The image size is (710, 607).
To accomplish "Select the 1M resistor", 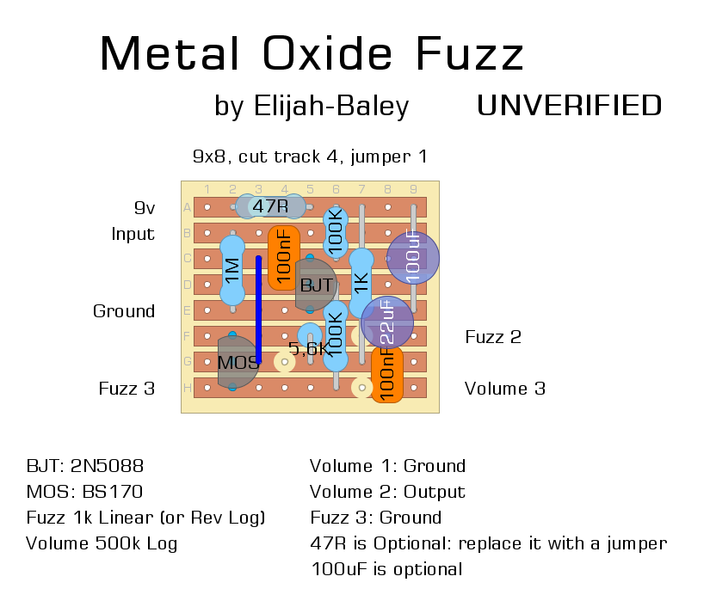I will (x=232, y=270).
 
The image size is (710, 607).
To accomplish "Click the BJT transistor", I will (x=314, y=285).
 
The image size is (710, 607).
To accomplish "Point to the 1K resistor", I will (x=361, y=279).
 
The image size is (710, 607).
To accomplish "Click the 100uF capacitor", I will (x=413, y=257).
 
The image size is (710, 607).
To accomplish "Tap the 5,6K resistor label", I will (x=306, y=348).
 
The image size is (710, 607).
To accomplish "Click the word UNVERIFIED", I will (x=569, y=105).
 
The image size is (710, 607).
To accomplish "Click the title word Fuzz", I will (x=470, y=54).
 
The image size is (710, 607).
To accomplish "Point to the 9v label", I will (x=144, y=208).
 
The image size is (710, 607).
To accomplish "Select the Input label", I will (x=133, y=234).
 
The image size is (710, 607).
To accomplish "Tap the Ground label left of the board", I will (x=124, y=311).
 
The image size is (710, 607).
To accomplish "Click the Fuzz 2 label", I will (x=493, y=337).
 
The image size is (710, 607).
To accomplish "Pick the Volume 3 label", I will (x=504, y=389).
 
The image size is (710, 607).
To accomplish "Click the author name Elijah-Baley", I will (x=331, y=106).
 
